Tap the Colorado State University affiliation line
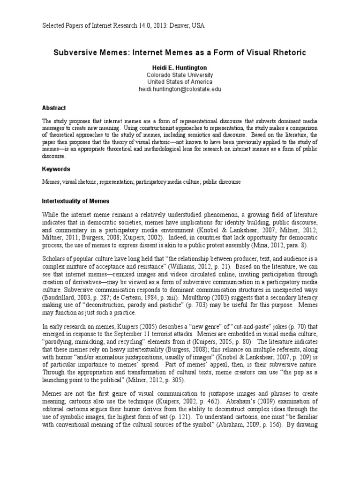180,75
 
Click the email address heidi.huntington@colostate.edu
180,89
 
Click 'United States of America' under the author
180,82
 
